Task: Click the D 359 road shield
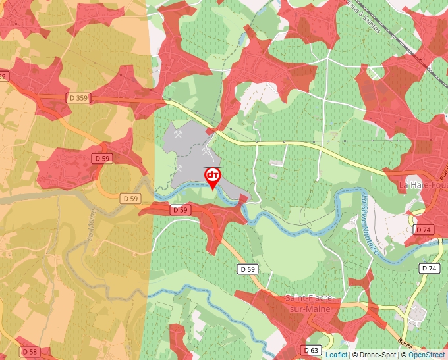coord(78,98)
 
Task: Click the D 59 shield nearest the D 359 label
coord(101,159)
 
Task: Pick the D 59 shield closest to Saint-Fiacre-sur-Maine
coord(247,269)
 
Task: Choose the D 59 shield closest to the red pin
coord(180,210)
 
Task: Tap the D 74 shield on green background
coord(429,269)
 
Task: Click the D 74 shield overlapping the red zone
coord(423,230)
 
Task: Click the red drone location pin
coord(213,176)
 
